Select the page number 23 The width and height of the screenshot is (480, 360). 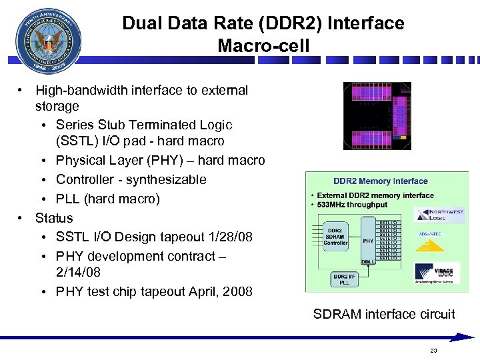(x=434, y=351)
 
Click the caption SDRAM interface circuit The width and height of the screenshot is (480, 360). (x=384, y=314)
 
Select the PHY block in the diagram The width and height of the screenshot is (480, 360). (x=367, y=241)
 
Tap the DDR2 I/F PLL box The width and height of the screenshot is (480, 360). (x=343, y=279)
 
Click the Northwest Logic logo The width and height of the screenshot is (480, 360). (x=439, y=214)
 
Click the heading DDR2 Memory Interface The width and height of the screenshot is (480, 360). (x=381, y=181)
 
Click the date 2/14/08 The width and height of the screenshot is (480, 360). (x=79, y=272)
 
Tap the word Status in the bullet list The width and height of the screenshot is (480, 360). (x=54, y=218)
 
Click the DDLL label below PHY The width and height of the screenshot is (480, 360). (x=367, y=262)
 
